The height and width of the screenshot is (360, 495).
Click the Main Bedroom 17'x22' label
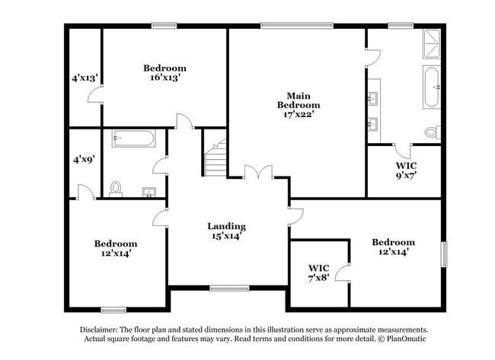point(298,105)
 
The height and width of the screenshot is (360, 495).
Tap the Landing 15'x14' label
point(226,231)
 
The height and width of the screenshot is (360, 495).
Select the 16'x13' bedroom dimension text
point(164,78)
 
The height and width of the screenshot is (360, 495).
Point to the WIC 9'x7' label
point(405,170)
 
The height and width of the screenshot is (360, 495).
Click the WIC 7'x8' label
point(318,273)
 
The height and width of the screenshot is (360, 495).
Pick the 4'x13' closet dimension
point(84,78)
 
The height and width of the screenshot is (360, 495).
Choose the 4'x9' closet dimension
point(84,160)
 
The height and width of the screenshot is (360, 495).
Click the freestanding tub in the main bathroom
point(432,88)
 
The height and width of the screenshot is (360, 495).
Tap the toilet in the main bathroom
point(432,132)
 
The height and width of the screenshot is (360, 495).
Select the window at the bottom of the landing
point(224,288)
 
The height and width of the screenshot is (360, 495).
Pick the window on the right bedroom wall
point(444,253)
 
